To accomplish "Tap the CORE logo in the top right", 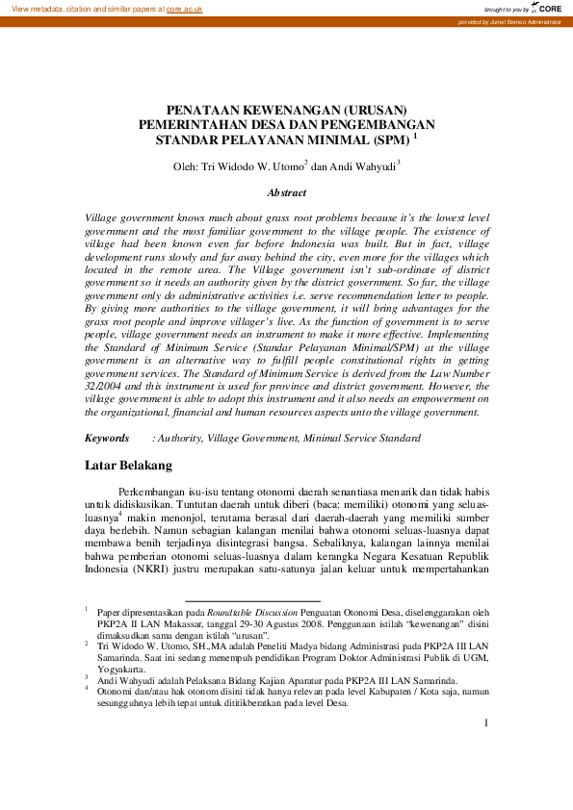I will (x=547, y=8).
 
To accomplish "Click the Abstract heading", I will (x=286, y=192).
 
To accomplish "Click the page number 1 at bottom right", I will (x=486, y=723).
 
